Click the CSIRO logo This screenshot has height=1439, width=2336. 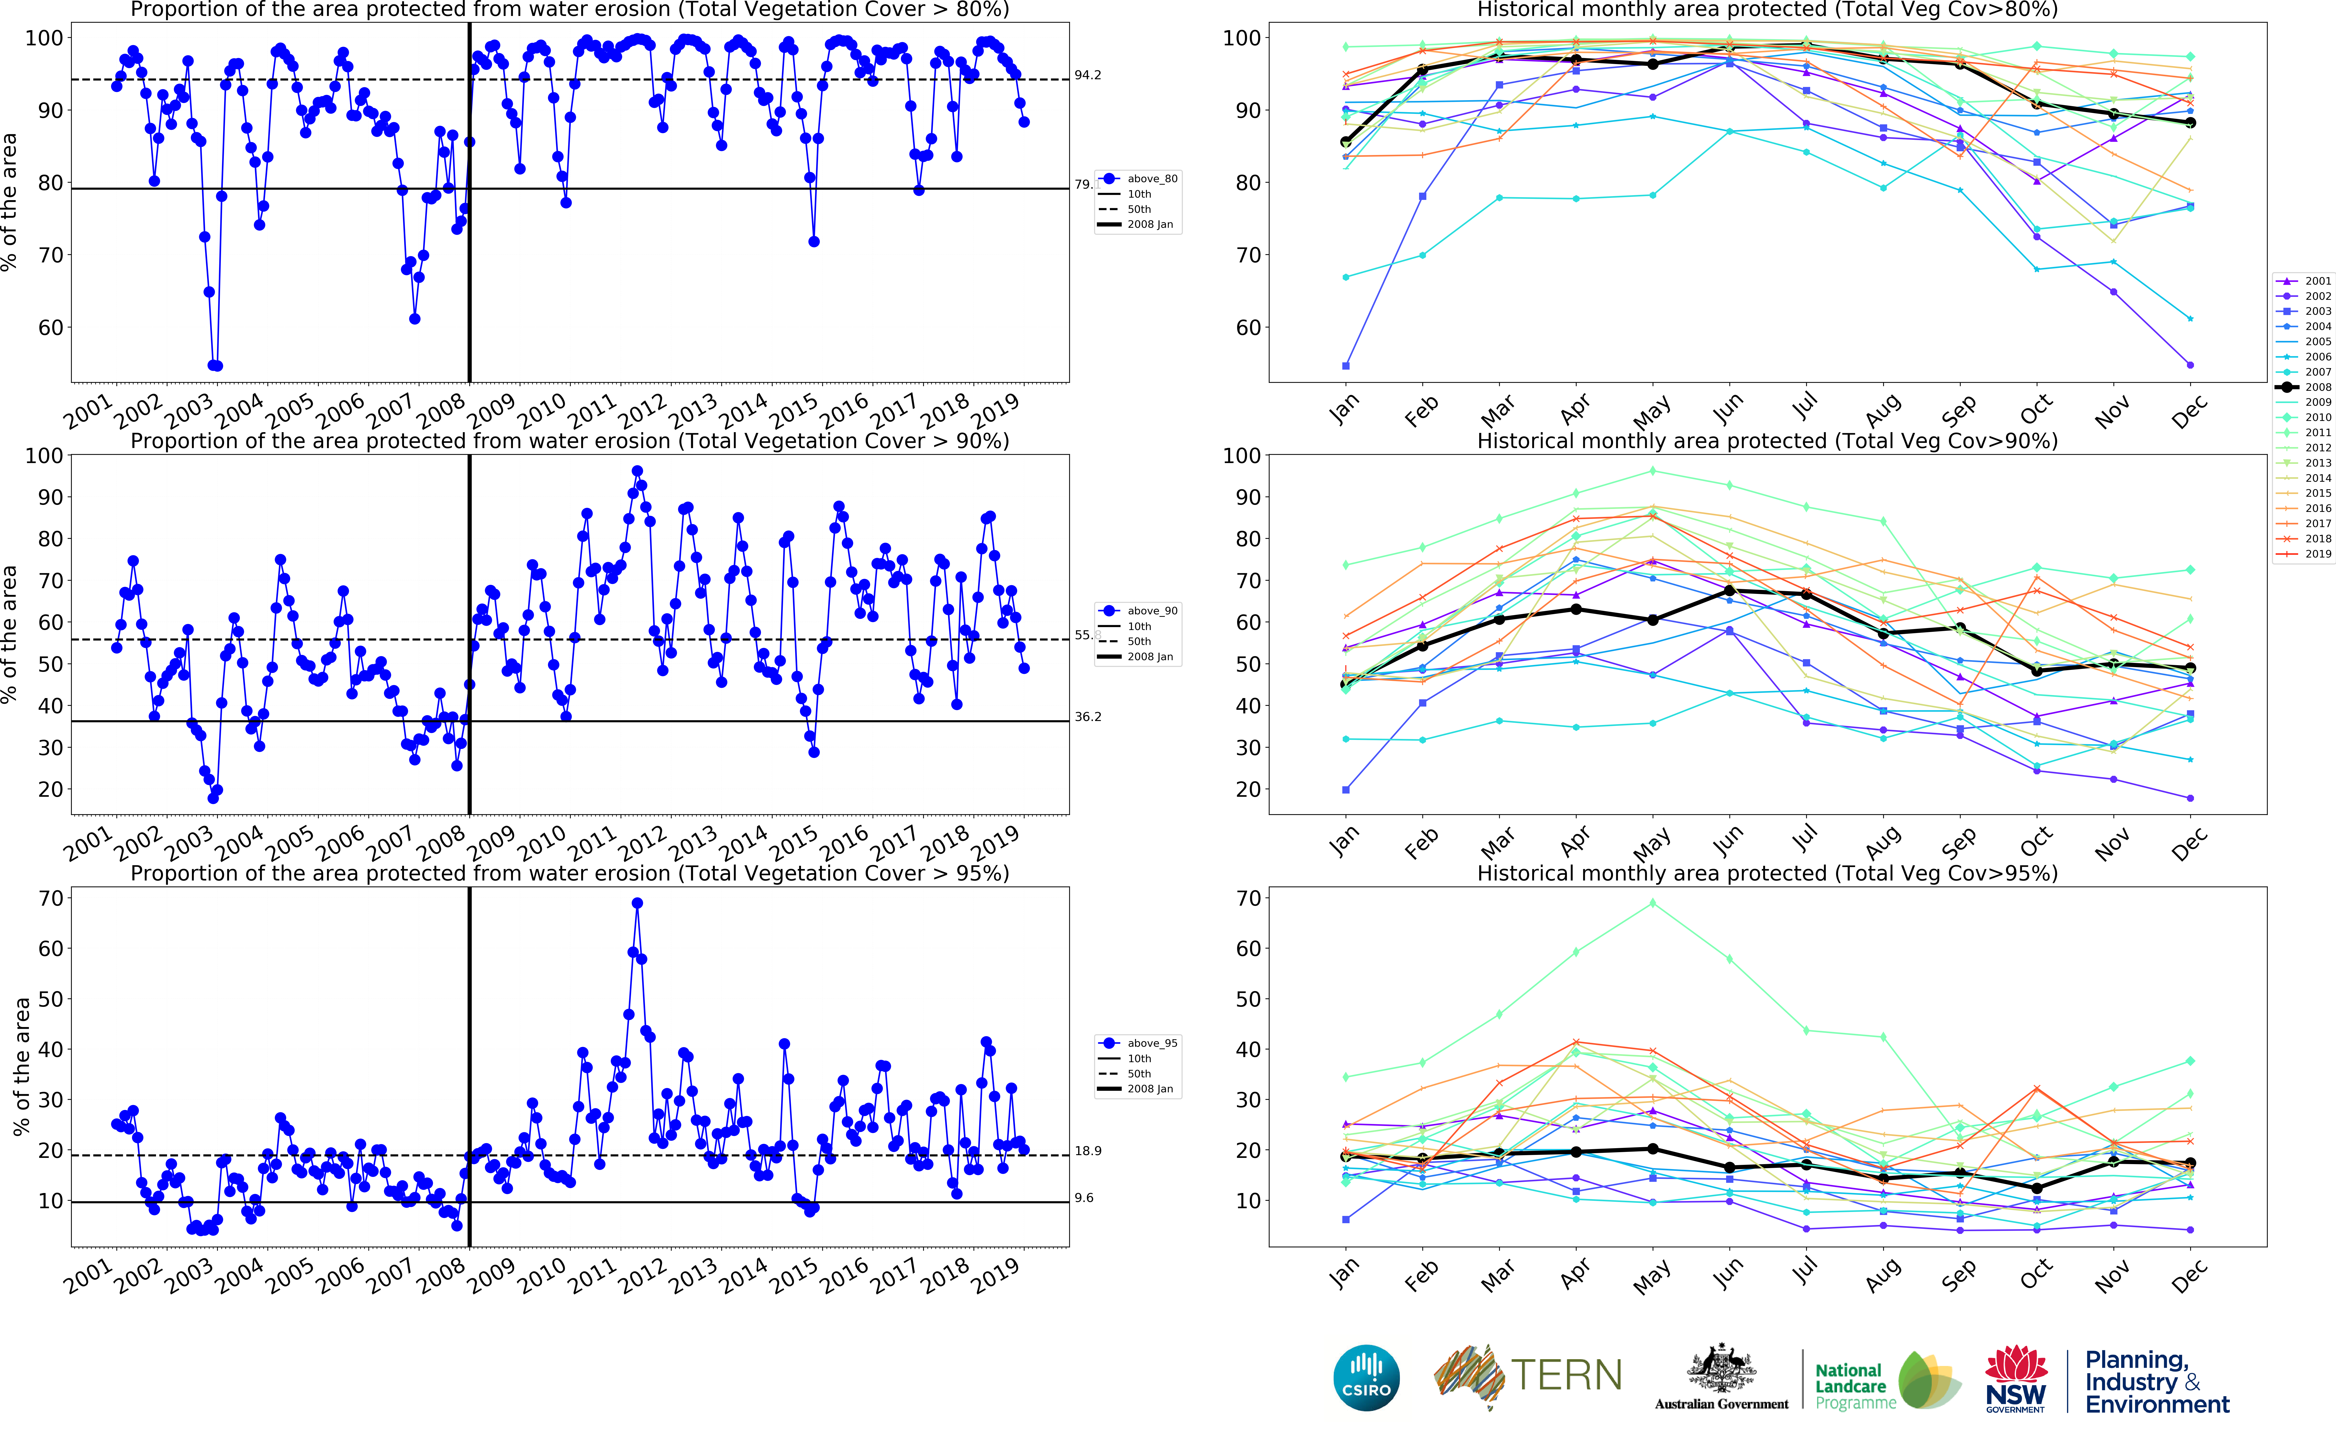click(x=1367, y=1377)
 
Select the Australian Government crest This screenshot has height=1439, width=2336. click(x=1720, y=1370)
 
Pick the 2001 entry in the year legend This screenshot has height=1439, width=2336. click(x=2317, y=281)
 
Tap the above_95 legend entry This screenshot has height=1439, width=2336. click(x=1151, y=1043)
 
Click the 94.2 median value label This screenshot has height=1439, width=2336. click(x=1088, y=75)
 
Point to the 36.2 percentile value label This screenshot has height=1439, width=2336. click(x=1088, y=717)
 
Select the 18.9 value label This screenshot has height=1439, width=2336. click(x=1088, y=1151)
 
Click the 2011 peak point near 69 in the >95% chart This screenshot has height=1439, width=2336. click(x=637, y=903)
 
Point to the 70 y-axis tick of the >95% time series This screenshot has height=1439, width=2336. click(x=50, y=898)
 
